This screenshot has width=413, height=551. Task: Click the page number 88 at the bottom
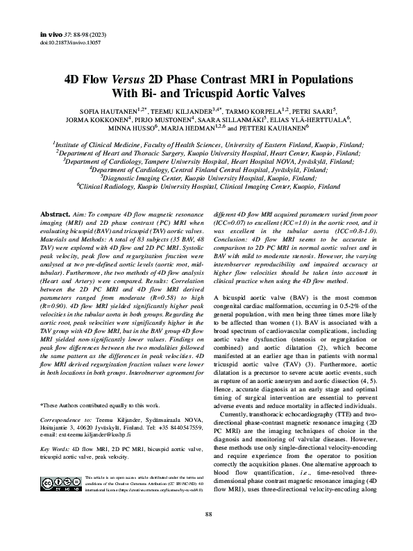[x=208, y=534]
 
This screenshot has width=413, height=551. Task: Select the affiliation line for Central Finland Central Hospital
[x=208, y=168]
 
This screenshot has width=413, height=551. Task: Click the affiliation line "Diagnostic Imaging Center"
[x=208, y=177]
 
